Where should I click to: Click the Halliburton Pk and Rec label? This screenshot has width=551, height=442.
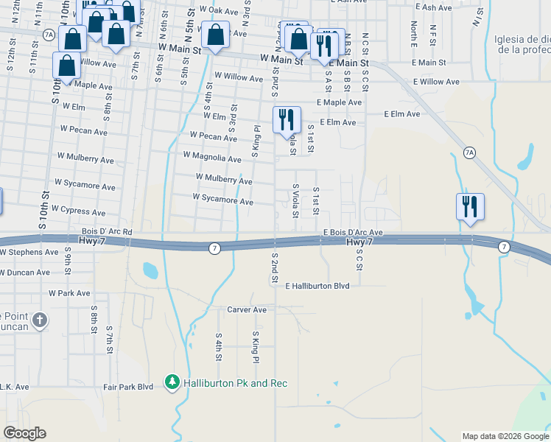(x=236, y=383)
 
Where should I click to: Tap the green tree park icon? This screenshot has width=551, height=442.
(x=172, y=382)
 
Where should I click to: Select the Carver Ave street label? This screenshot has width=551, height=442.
(x=246, y=310)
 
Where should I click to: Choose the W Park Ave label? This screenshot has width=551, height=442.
(x=69, y=293)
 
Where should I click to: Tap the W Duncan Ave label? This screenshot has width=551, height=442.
(x=24, y=272)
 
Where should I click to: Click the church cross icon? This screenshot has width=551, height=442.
(x=40, y=320)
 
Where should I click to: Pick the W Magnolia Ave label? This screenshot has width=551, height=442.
(x=212, y=158)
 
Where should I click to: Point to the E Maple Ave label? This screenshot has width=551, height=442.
(x=339, y=102)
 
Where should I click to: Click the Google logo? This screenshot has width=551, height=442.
(x=24, y=433)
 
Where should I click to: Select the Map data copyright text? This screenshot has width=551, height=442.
(x=505, y=436)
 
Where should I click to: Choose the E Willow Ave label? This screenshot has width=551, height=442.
(x=436, y=82)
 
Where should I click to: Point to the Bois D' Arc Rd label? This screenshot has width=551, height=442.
(x=107, y=231)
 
